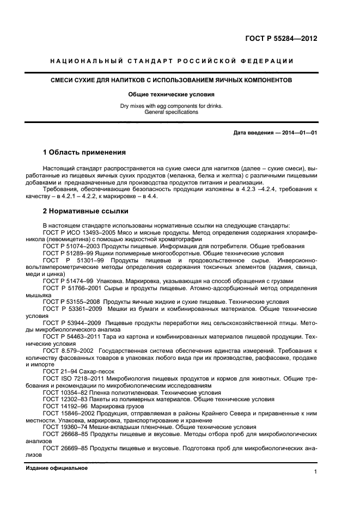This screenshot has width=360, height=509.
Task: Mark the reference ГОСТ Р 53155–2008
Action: (x=71, y=302)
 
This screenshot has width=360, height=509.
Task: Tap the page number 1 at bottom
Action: (x=315, y=473)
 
